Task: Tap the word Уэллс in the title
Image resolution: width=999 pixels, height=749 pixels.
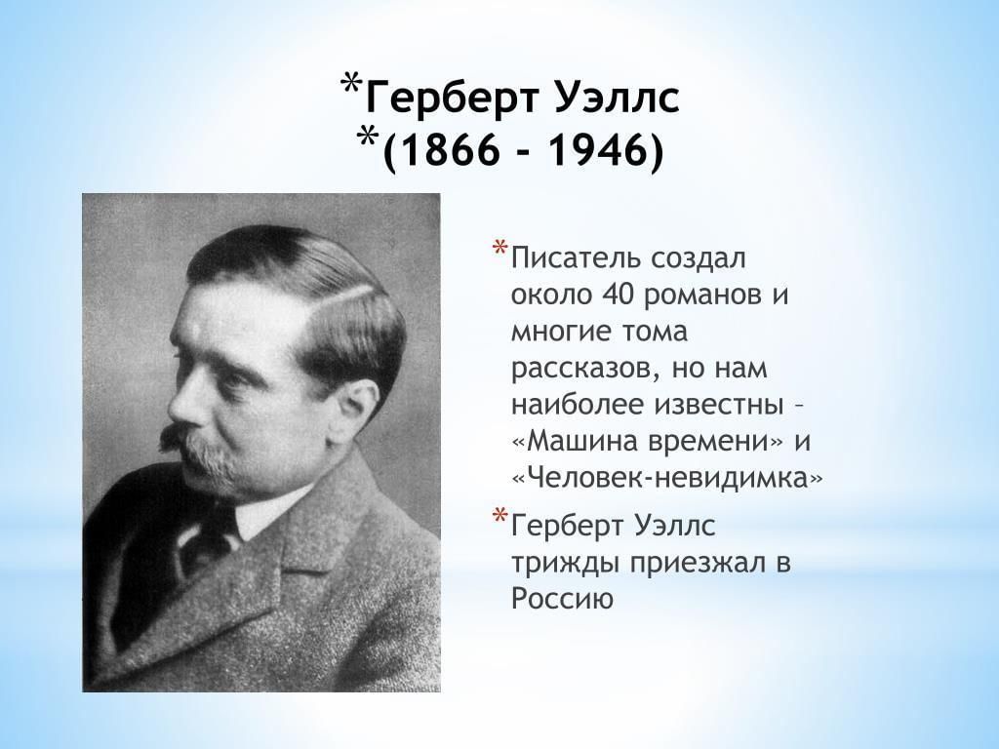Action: (x=618, y=99)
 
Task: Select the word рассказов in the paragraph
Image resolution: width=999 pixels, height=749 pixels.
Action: (x=585, y=370)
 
